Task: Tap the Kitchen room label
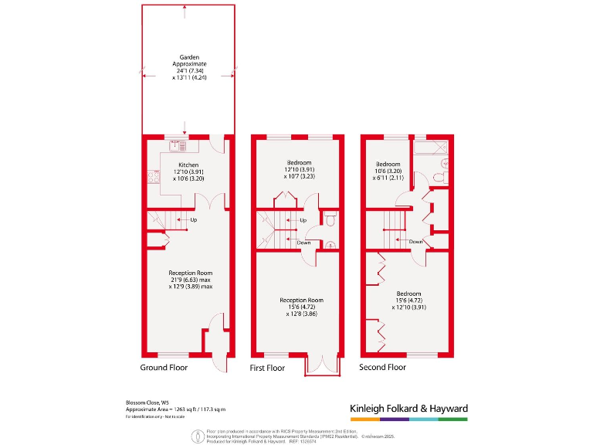pyautogui.click(x=189, y=165)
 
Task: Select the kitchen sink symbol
pyautogui.click(x=175, y=144)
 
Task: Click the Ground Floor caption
pyautogui.click(x=164, y=368)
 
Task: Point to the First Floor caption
pyautogui.click(x=267, y=368)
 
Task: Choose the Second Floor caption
pyautogui.click(x=382, y=368)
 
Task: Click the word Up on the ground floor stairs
pyautogui.click(x=193, y=219)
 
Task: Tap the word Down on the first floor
pyautogui.click(x=304, y=243)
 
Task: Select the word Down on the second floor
pyautogui.click(x=415, y=241)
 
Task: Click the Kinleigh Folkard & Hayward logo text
pyautogui.click(x=408, y=409)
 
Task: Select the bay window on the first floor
pyautogui.click(x=322, y=366)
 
